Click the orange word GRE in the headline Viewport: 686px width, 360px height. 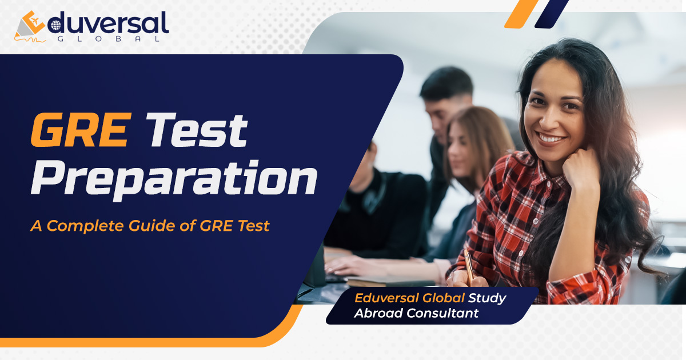(x=79, y=131)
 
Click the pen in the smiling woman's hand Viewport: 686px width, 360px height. (x=469, y=266)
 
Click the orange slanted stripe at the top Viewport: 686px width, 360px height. (x=521, y=13)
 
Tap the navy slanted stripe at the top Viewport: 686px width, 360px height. (x=551, y=13)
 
